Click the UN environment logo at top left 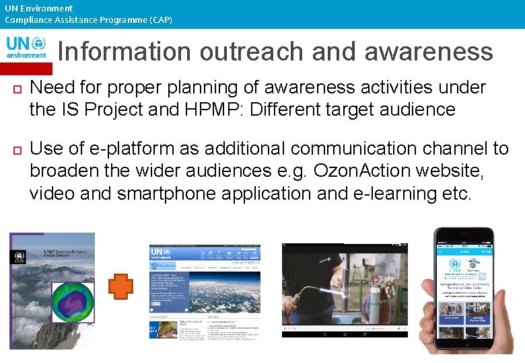26,47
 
